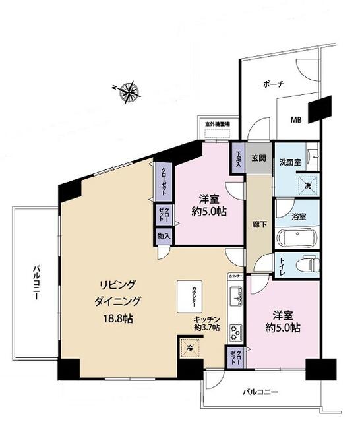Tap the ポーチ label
point(273,84)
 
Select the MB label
point(298,120)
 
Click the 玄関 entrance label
point(258,158)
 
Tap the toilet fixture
point(305,265)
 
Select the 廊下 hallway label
point(258,224)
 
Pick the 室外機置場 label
point(216,123)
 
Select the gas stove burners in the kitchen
point(234,330)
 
